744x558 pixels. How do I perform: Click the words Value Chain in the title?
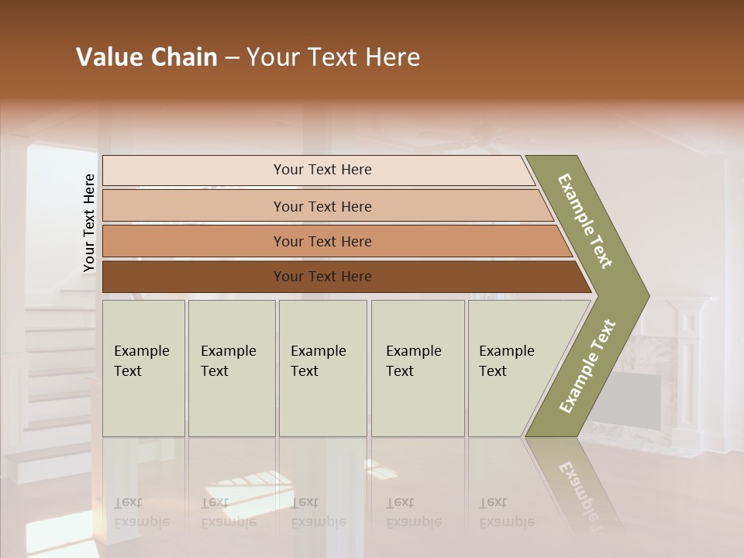pos(146,57)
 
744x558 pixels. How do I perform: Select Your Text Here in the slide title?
pos(333,57)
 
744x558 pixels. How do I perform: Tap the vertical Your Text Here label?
pos(89,223)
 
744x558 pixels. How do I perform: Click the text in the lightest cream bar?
pos(322,170)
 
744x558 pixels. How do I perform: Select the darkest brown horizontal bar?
pos(341,277)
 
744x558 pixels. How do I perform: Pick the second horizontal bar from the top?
pos(325,206)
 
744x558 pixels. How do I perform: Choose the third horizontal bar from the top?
pos(333,241)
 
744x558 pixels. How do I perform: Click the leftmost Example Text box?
pos(143,368)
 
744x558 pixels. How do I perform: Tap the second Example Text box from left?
pos(231,368)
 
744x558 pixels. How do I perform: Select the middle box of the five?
pos(322,368)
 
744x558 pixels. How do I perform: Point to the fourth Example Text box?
pos(417,368)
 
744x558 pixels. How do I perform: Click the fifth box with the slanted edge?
pos(511,368)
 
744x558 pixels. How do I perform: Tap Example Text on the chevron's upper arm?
pos(585,221)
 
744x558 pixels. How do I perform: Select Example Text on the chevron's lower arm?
pos(587,367)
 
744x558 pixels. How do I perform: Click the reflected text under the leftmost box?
pos(142,512)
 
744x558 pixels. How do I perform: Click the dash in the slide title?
pos(232,58)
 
